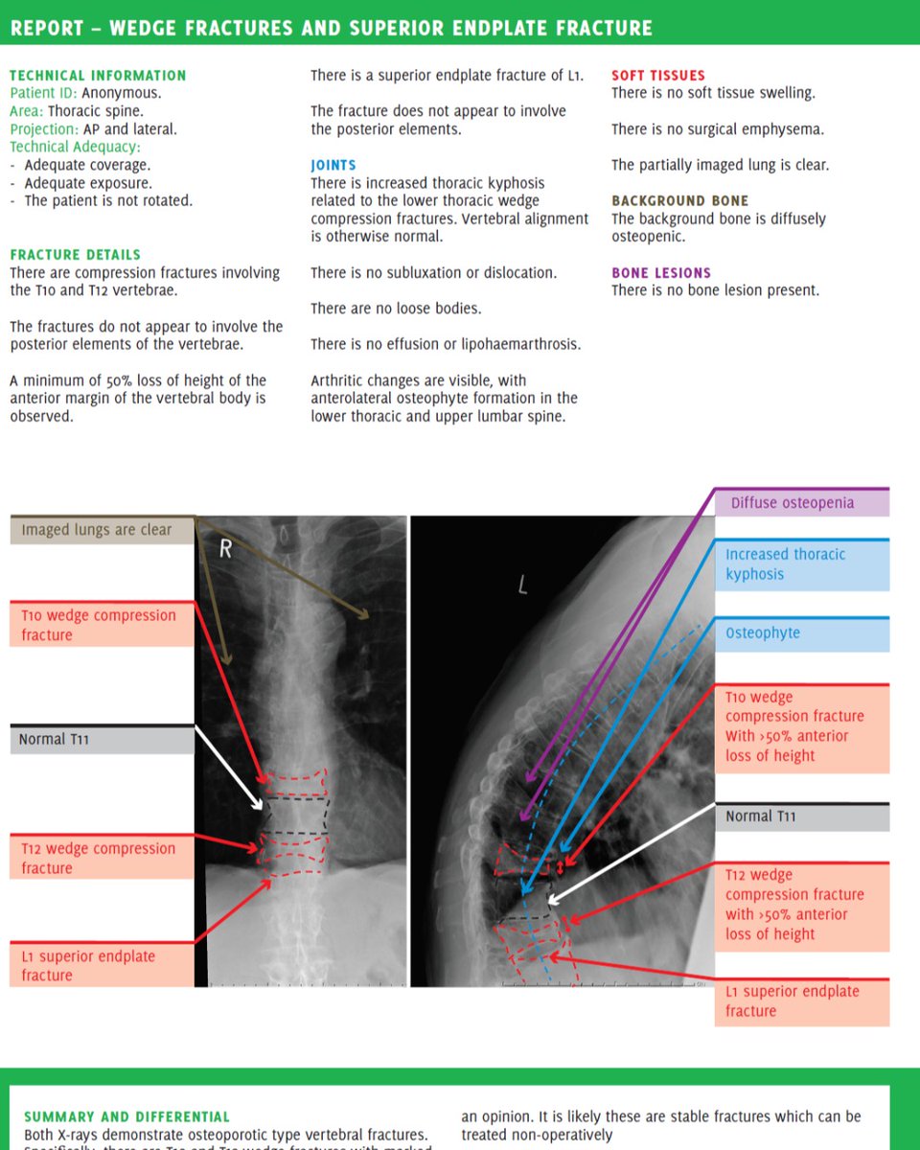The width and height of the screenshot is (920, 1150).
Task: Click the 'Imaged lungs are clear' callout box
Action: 97,530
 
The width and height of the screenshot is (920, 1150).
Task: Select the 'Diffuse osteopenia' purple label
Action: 792,503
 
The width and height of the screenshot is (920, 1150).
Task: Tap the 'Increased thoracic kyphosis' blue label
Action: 785,564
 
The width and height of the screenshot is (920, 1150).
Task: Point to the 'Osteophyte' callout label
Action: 763,633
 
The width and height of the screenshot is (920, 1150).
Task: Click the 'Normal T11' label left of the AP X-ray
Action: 55,739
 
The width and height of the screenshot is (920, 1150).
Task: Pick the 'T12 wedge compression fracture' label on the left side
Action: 99,858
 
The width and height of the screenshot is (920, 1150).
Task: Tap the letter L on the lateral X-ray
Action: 522,586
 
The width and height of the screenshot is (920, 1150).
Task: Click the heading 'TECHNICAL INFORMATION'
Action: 98,75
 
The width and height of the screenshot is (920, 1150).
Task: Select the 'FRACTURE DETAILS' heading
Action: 75,255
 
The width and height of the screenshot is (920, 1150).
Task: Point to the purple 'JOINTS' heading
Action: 333,165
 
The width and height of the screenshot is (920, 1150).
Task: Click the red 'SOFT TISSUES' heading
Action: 657,75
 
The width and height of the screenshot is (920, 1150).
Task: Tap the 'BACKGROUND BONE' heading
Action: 679,201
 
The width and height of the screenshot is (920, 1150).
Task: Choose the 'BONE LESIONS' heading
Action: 661,273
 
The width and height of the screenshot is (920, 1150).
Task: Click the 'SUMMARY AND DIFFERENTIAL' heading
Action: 126,1116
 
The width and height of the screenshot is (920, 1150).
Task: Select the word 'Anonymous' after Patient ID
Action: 120,93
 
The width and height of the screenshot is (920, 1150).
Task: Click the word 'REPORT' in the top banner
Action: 44,29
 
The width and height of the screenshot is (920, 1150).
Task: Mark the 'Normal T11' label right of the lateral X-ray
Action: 762,816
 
